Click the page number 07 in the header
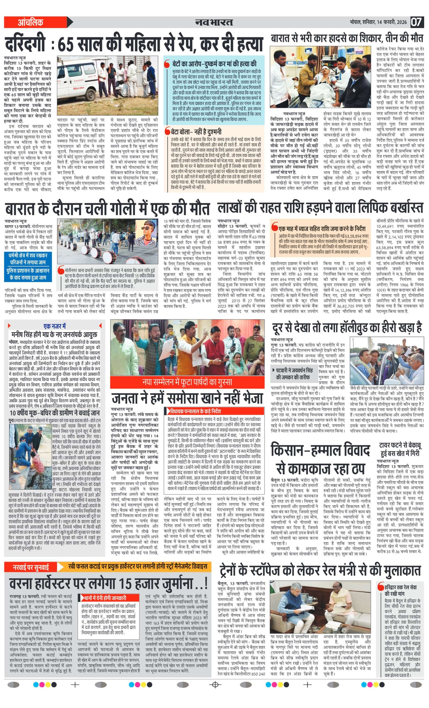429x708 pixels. click(x=416, y=22)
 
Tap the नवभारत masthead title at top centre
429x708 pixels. click(x=214, y=22)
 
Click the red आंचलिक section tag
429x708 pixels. click(x=31, y=22)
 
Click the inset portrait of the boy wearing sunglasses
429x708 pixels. click(x=147, y=232)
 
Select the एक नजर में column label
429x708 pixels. click(x=55, y=326)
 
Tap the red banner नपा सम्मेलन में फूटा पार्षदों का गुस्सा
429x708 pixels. click(x=187, y=382)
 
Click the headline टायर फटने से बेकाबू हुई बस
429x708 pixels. click(x=400, y=449)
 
